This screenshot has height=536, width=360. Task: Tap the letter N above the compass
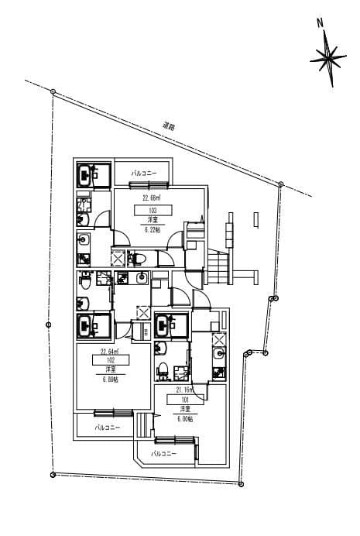tap(320, 22)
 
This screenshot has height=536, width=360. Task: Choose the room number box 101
tap(185, 400)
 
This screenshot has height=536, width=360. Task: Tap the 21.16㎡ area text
tap(184, 390)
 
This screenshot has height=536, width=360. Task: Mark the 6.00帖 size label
tap(185, 419)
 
